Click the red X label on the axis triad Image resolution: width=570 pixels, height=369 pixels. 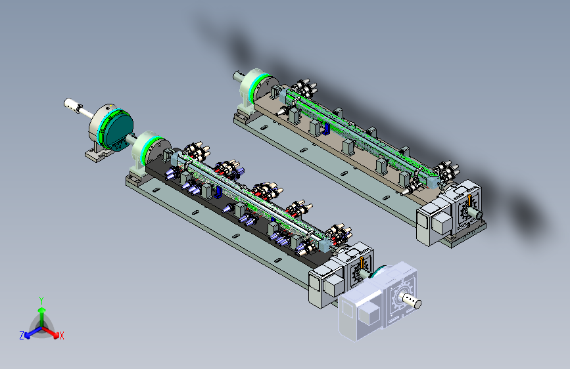[x=61, y=336]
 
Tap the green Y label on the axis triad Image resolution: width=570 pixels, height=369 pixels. [x=41, y=301]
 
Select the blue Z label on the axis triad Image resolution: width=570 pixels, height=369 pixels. [x=22, y=336]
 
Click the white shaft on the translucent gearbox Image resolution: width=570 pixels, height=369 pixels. [x=410, y=299]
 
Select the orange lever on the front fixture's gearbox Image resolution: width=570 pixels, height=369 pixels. [x=362, y=263]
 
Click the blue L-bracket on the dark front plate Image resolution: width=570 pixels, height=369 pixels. [x=218, y=192]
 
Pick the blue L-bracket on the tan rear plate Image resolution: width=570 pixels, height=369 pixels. [x=326, y=129]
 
